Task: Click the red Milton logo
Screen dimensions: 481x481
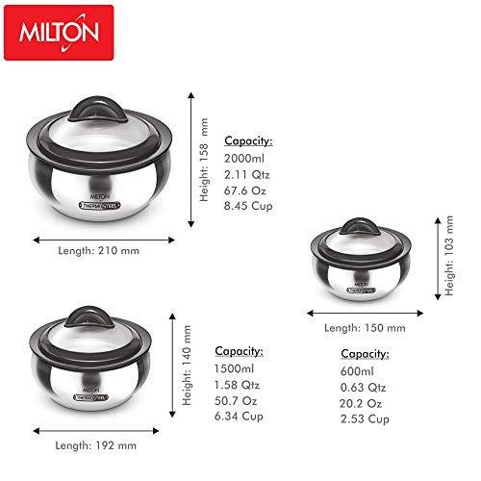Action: tap(59, 33)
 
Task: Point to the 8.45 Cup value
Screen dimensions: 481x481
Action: tap(249, 204)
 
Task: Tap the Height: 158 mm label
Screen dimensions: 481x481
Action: tap(204, 160)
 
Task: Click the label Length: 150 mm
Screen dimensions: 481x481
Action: tap(365, 328)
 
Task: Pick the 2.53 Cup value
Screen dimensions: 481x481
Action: tap(365, 418)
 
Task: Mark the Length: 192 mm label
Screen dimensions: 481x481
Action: tap(96, 444)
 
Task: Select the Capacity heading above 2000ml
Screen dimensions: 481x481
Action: tap(248, 139)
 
